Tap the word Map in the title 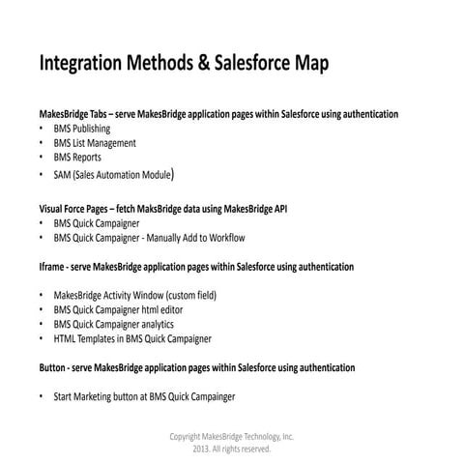(308, 65)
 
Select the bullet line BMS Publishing (82, 129)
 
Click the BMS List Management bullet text (95, 143)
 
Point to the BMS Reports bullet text (77, 157)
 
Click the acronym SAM (62, 175)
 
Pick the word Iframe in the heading (52, 266)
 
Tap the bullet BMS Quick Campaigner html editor (118, 310)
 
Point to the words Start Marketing (86, 397)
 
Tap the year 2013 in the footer (202, 449)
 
